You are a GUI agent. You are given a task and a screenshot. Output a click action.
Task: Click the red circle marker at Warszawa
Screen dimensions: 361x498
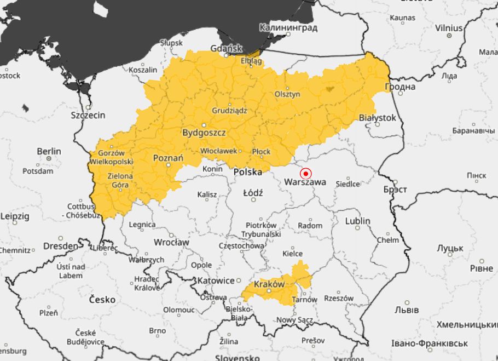[306, 173]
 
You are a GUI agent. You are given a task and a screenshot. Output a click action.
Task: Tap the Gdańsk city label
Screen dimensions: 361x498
[226, 49]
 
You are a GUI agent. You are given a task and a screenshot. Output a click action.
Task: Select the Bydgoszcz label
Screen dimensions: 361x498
[204, 133]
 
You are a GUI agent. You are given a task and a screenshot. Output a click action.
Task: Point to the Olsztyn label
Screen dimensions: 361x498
[287, 94]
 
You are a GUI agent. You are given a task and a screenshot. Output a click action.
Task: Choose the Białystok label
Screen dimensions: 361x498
[377, 118]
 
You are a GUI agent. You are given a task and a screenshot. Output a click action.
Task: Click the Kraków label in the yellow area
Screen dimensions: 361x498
[269, 284]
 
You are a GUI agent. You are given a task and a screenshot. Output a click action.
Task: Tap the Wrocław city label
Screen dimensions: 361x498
[171, 242]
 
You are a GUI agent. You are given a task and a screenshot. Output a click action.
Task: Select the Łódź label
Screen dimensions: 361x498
[254, 193]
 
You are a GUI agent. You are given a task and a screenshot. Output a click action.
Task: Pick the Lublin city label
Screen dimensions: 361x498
[357, 221]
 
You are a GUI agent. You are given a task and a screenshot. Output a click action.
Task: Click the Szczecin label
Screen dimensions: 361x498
[88, 116]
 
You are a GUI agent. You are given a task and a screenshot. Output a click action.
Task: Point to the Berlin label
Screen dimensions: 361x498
[49, 151]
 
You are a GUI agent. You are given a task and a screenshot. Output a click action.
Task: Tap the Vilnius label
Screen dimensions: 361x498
[449, 28]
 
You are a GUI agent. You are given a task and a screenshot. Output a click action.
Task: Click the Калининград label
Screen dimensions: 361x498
[288, 27]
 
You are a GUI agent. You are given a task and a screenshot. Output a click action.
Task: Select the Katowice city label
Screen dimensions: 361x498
[216, 280]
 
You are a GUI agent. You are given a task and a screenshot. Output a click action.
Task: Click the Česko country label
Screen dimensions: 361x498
[102, 300]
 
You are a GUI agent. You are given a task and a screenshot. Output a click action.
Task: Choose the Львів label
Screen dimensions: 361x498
[407, 310]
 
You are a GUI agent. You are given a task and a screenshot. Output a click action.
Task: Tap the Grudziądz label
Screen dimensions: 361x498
[229, 110]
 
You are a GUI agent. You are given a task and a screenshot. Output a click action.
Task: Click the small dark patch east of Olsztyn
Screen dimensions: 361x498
[329, 88]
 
